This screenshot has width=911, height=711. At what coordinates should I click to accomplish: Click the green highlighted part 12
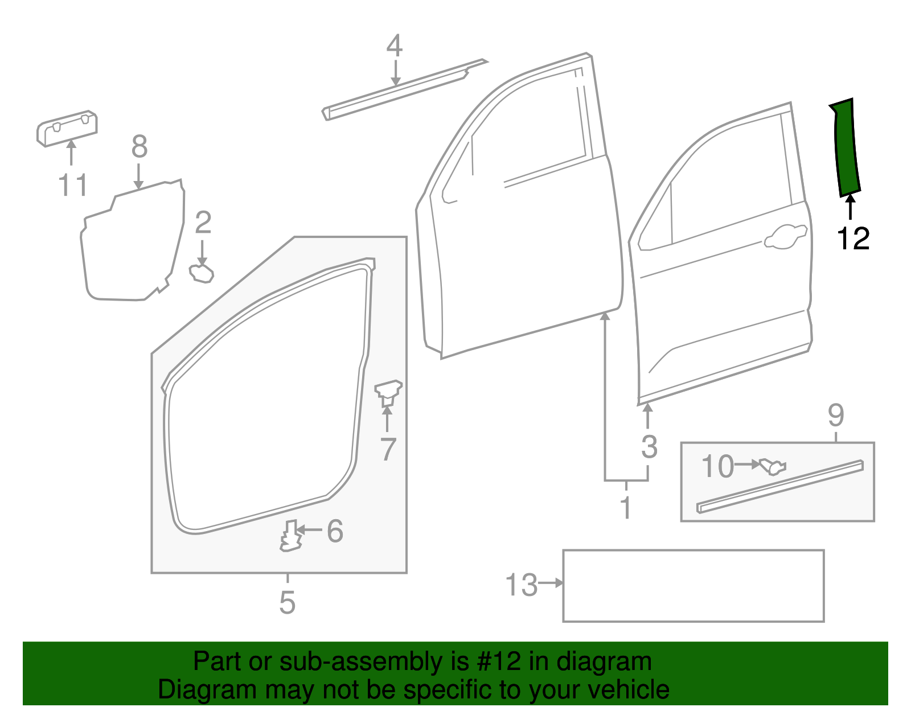[x=846, y=148]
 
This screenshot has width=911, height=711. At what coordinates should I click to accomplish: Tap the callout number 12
[x=853, y=239]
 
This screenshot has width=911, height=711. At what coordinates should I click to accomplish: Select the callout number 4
[x=394, y=46]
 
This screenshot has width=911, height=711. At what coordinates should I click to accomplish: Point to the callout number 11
[x=73, y=186]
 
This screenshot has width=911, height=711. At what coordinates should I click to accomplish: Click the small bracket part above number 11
[x=67, y=128]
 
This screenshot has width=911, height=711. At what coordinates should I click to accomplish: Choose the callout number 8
[x=139, y=147]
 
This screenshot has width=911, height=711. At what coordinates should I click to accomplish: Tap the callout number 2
[x=203, y=223]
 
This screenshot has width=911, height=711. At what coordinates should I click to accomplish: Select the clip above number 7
[x=388, y=392]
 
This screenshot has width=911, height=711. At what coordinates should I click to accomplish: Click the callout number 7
[x=388, y=449]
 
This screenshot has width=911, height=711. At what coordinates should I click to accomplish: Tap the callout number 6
[x=335, y=531]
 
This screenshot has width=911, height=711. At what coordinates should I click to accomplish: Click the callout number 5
[x=288, y=602]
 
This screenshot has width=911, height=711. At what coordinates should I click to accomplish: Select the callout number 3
[x=649, y=447]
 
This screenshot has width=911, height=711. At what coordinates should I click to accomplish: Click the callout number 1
[x=626, y=507]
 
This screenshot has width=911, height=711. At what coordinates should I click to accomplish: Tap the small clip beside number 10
[x=773, y=466]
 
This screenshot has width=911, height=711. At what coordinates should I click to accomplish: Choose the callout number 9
[x=835, y=416]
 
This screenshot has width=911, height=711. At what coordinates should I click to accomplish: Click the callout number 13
[x=521, y=585]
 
